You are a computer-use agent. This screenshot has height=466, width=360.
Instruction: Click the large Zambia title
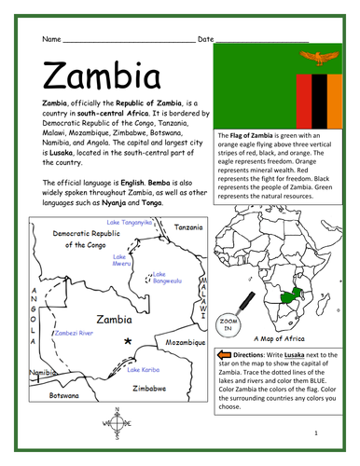(x=99, y=71)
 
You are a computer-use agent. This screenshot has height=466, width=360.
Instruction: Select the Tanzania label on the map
(x=188, y=226)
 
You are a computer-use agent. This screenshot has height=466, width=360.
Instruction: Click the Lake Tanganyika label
(x=129, y=223)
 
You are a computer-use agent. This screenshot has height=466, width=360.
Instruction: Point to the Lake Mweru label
(x=120, y=260)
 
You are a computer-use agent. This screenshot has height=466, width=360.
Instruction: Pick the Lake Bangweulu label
(x=166, y=277)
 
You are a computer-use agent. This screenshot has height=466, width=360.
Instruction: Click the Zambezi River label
(x=74, y=331)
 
